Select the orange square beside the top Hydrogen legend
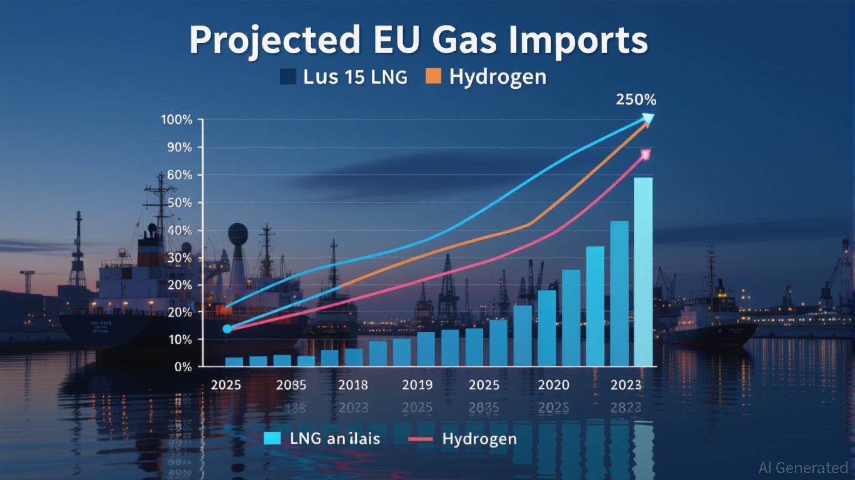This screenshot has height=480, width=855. pos(433,76)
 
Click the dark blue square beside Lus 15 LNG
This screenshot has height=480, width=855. pos(287,76)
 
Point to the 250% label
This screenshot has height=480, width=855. pos(636,99)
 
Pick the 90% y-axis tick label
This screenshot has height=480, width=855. pos(179,147)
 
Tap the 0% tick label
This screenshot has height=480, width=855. pos(182,367)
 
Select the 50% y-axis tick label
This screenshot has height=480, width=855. pos(179,203)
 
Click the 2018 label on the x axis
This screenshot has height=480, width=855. pos(353,385)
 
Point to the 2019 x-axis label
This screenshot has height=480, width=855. pos(417,385)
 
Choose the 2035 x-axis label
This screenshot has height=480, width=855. pos(291,385)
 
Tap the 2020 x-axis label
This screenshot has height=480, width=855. pos(554,385)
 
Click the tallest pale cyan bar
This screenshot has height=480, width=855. pos(643,271)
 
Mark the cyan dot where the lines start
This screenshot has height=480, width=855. pos(227,329)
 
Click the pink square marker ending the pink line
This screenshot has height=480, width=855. pos(646,154)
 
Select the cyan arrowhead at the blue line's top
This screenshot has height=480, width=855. pos(647,118)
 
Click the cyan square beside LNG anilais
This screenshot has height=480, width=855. pos(272,439)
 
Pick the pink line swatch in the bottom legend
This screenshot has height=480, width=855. pos(420,439)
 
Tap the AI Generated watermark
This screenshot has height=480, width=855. pos(802,467)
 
